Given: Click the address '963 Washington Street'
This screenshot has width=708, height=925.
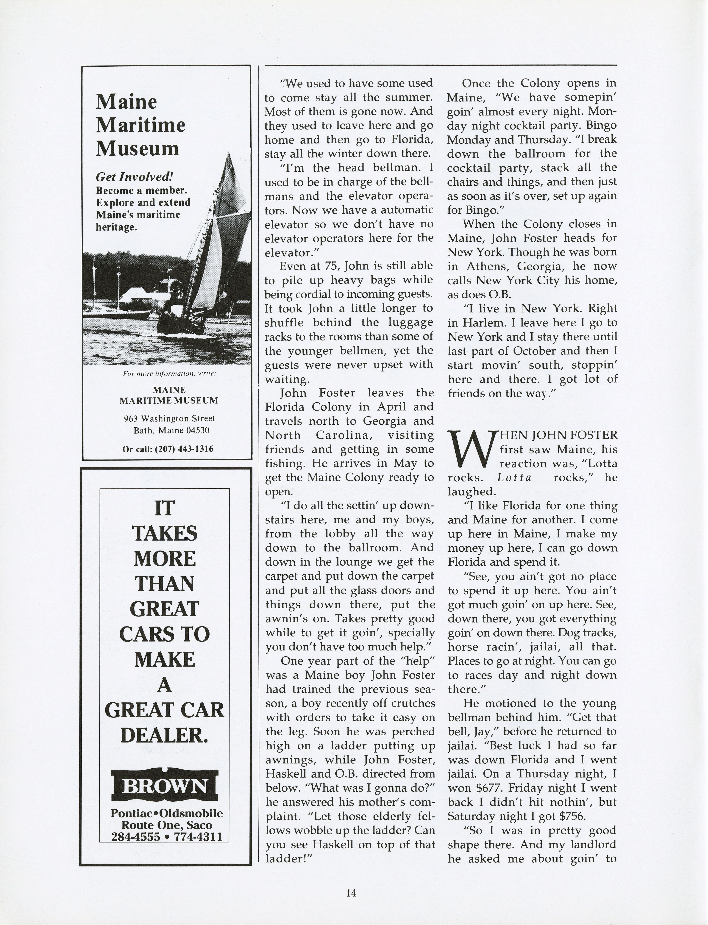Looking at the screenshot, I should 169,419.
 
